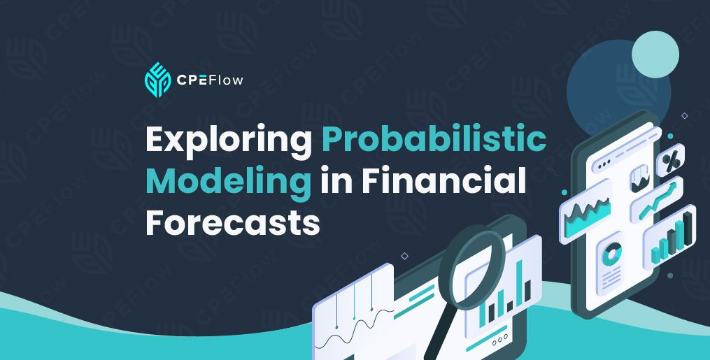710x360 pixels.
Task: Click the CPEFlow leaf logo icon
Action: coord(157,80)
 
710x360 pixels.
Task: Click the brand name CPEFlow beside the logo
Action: coord(210,80)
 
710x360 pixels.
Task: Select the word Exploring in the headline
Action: coord(229,141)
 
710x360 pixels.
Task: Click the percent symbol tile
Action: coord(670,159)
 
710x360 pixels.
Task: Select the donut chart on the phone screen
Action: coord(611,254)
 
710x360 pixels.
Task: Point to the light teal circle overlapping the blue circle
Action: coord(655,55)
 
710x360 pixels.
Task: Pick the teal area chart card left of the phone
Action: coord(586,211)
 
